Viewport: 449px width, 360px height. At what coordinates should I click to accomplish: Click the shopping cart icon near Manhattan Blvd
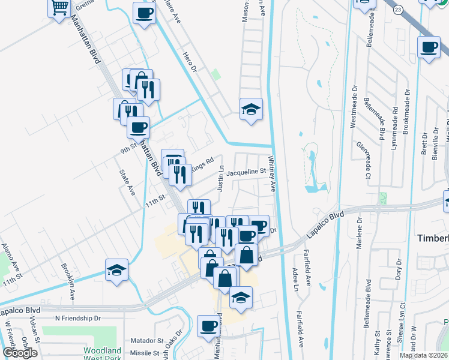[x=59, y=8]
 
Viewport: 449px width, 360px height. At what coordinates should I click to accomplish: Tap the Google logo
[x=19, y=353]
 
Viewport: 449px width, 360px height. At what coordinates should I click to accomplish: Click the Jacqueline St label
[x=246, y=172]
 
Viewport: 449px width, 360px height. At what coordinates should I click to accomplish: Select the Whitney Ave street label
[x=271, y=174]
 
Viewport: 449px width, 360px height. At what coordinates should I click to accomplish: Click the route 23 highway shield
[x=397, y=10]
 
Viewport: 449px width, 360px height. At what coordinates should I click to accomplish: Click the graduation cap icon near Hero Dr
[x=251, y=109]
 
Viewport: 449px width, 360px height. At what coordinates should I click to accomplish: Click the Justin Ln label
[x=220, y=179]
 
